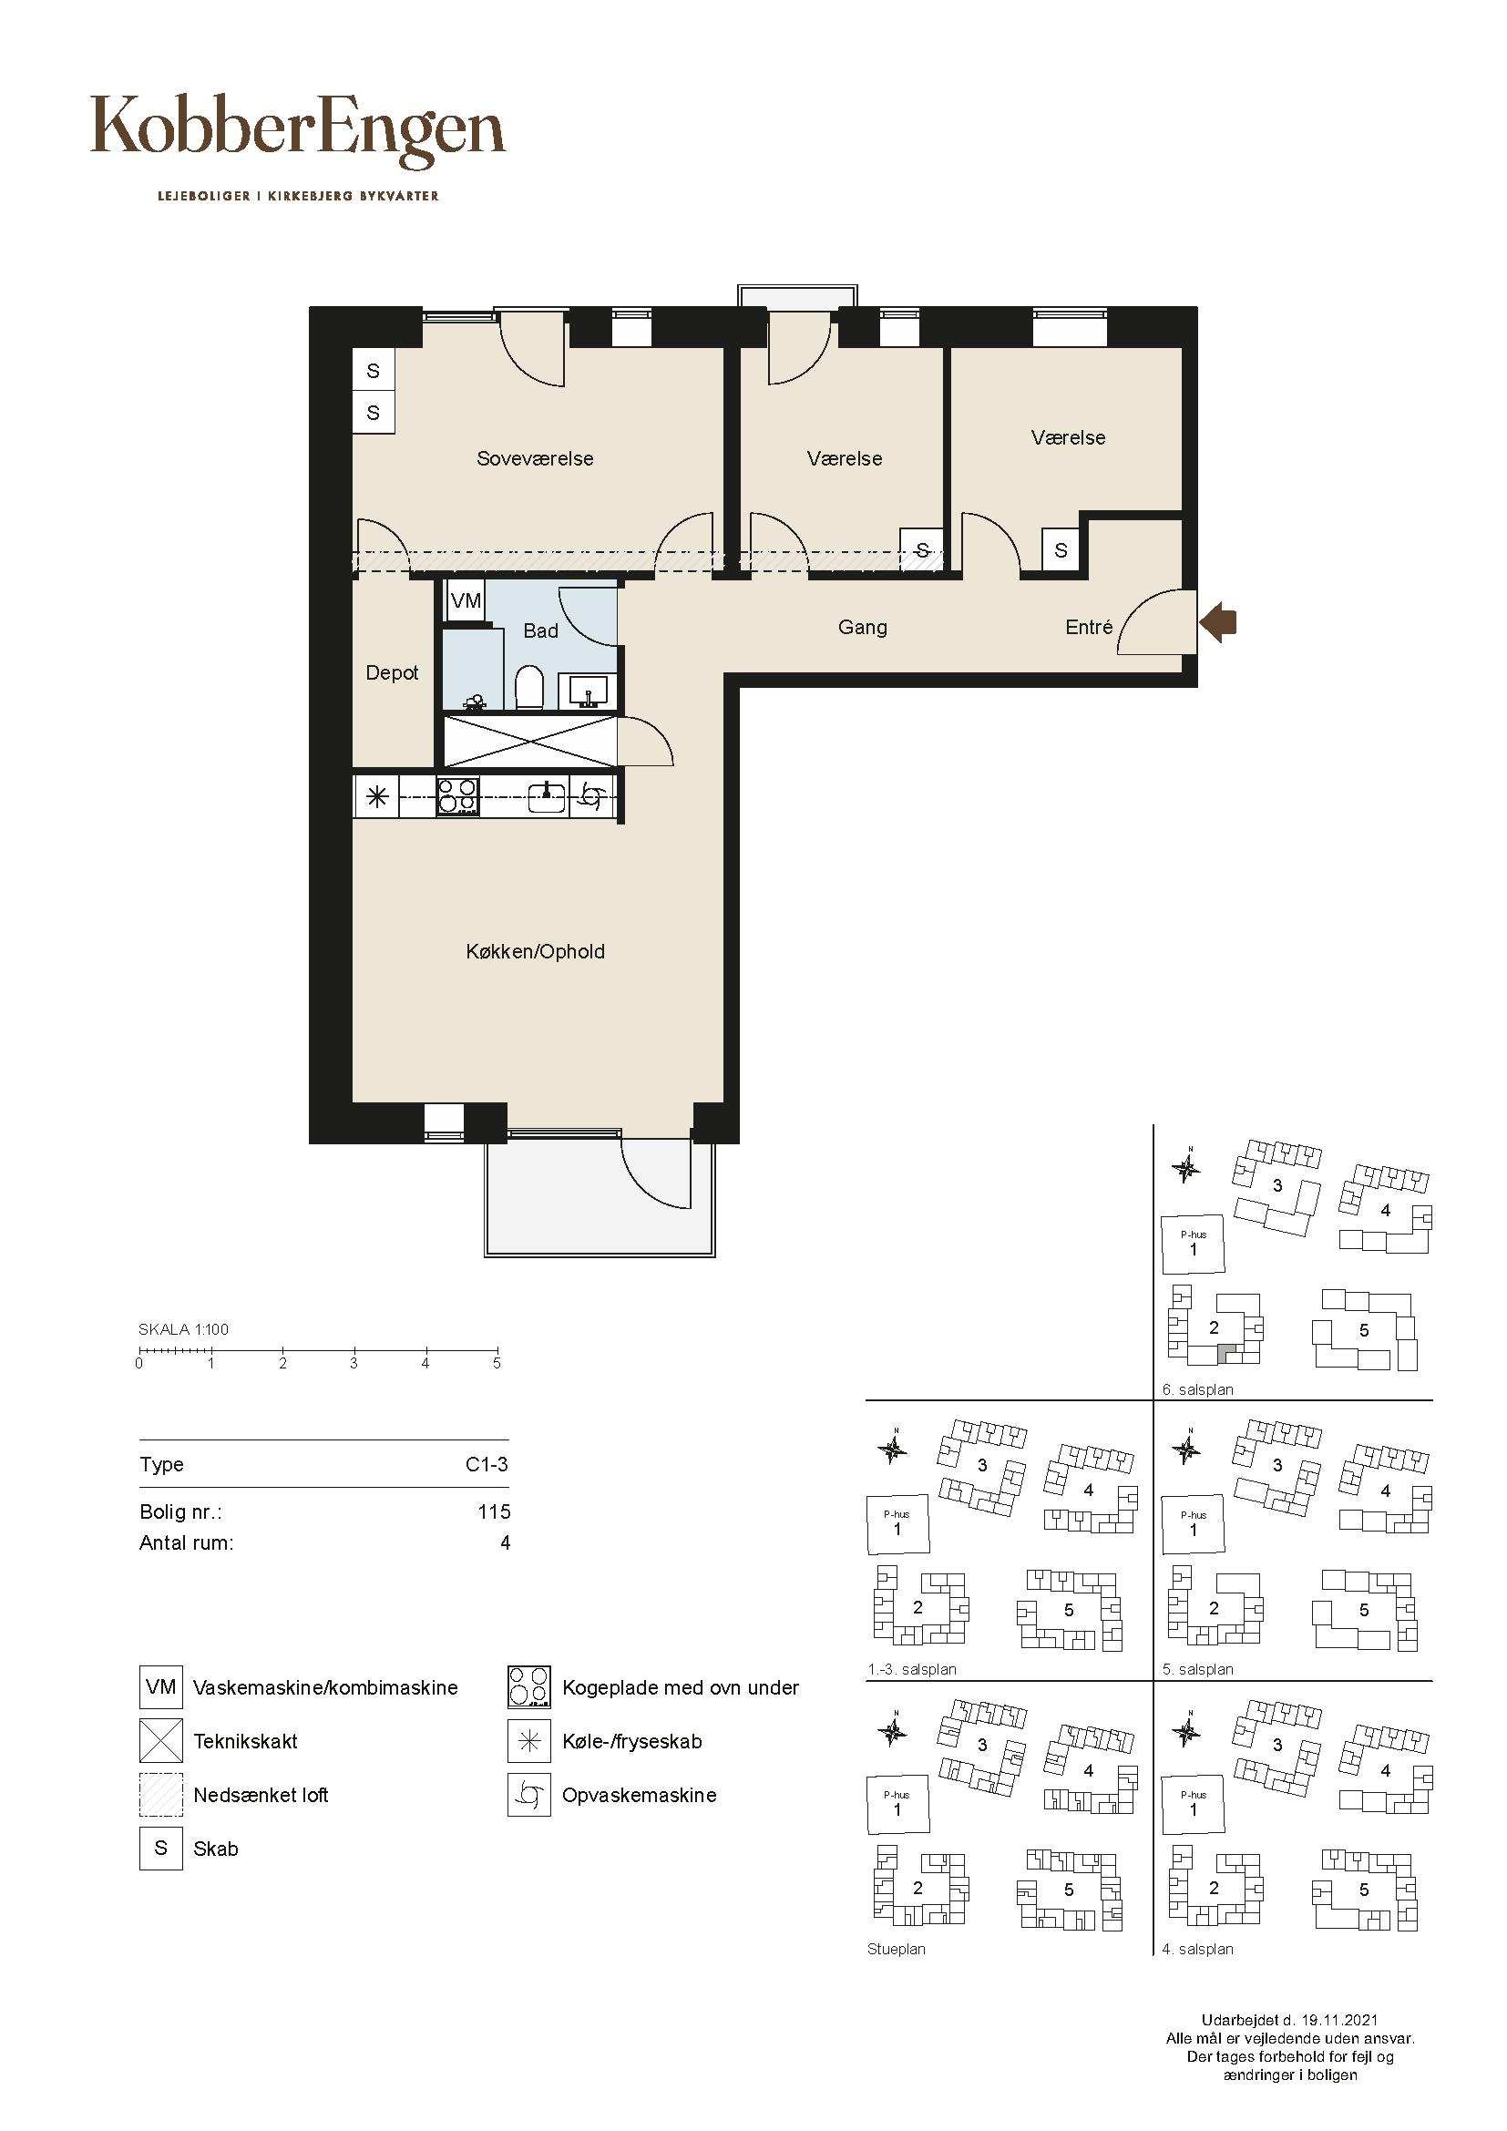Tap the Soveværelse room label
(535, 458)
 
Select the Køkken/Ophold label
(536, 951)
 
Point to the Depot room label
(392, 673)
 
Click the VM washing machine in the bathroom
(466, 601)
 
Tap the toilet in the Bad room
(529, 686)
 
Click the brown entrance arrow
(1218, 623)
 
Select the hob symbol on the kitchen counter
(458, 796)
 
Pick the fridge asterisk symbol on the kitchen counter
(377, 796)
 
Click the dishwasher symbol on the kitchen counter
(592, 796)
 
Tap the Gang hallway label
(862, 628)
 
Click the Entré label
(1089, 628)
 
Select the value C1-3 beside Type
(487, 1465)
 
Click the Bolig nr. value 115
(494, 1512)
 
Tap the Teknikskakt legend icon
(161, 1740)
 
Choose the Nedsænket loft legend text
(261, 1795)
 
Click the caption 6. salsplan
(1197, 1390)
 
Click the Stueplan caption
(897, 1949)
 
